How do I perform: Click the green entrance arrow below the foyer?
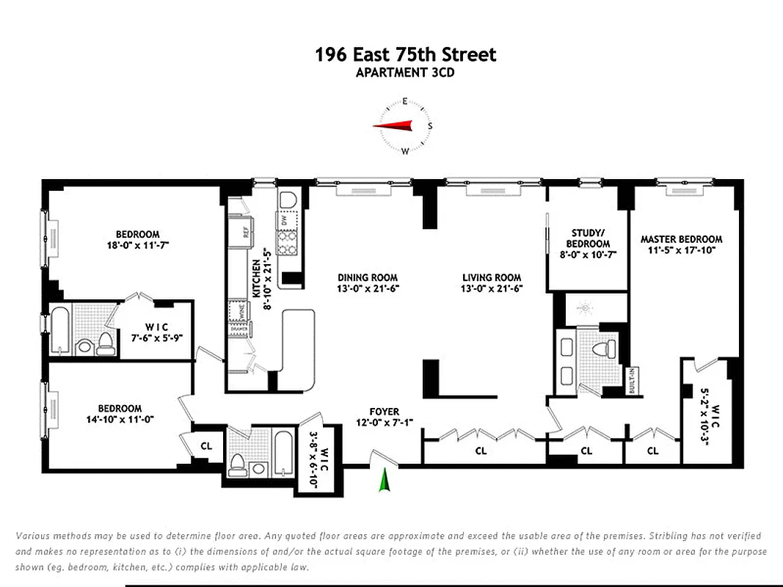point(382,481)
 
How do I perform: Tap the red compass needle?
point(393,126)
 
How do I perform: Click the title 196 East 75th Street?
point(405,54)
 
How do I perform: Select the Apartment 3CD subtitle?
point(405,72)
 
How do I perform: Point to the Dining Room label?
point(368,277)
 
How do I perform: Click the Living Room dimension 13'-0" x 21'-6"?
point(492,288)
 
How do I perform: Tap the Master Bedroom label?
point(681,239)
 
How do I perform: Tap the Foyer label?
point(384,412)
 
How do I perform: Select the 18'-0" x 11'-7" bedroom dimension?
point(137,245)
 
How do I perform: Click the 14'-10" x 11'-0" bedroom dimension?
point(120,419)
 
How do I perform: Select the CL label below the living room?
point(481,451)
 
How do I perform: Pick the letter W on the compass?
point(405,151)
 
